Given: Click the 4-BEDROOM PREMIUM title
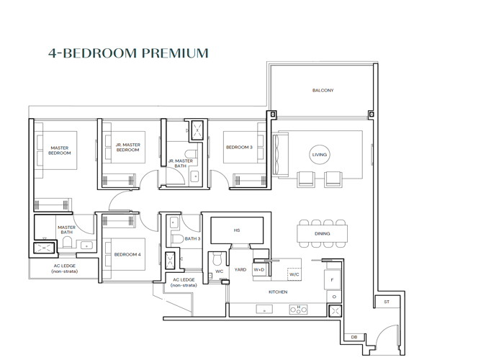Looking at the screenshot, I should click(x=128, y=53).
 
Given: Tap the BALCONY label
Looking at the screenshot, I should click(x=323, y=91).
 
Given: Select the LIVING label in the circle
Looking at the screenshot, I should click(x=319, y=155).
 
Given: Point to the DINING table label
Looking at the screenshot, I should click(x=323, y=234).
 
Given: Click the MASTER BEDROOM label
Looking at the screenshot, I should click(x=59, y=150).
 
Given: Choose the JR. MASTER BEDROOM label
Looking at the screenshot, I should click(x=127, y=148).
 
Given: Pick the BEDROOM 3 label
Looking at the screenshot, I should click(x=239, y=148).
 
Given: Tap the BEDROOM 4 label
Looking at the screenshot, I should click(x=127, y=254).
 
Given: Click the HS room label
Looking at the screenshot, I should click(x=236, y=230).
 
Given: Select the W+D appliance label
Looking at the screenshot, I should click(x=259, y=270).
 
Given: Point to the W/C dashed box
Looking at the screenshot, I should click(x=294, y=274).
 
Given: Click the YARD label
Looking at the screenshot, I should click(x=240, y=270).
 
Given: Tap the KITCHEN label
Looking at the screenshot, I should click(x=278, y=292).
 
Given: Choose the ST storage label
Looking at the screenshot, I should click(x=386, y=302).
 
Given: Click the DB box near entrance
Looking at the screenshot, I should click(x=354, y=337).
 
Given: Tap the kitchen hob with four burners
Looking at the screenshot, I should click(x=299, y=310).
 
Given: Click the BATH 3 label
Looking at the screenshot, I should click(x=191, y=238).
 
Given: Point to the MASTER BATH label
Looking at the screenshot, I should click(x=66, y=230).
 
